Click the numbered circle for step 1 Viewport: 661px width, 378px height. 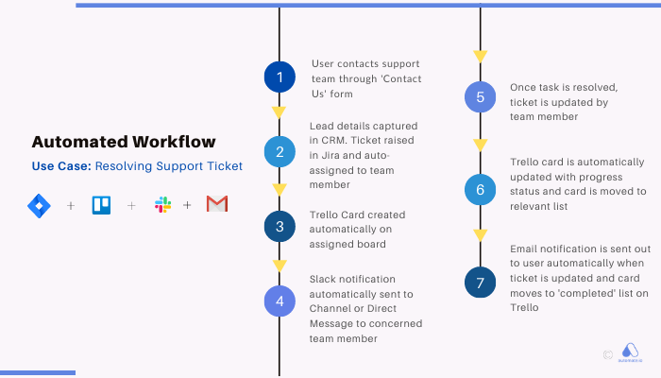[x=280, y=77]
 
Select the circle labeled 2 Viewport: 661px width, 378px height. [x=280, y=151]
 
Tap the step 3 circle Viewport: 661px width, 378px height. [x=280, y=227]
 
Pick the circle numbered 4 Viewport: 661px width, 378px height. [x=280, y=301]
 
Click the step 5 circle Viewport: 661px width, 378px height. [x=481, y=97]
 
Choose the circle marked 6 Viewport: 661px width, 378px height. [x=481, y=190]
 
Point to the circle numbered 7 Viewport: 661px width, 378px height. [x=481, y=282]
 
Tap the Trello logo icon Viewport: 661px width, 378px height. [x=101, y=205]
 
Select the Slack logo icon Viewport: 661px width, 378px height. [x=161, y=205]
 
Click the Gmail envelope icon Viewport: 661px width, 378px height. [x=217, y=205]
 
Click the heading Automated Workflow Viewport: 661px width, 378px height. [x=124, y=143]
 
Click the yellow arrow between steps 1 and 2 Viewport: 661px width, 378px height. [x=280, y=112]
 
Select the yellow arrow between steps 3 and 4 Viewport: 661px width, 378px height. [x=280, y=264]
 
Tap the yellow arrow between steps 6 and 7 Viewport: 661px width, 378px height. [x=481, y=234]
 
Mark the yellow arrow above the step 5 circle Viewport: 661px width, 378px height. [x=481, y=56]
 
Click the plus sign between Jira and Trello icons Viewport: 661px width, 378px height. [x=71, y=205]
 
